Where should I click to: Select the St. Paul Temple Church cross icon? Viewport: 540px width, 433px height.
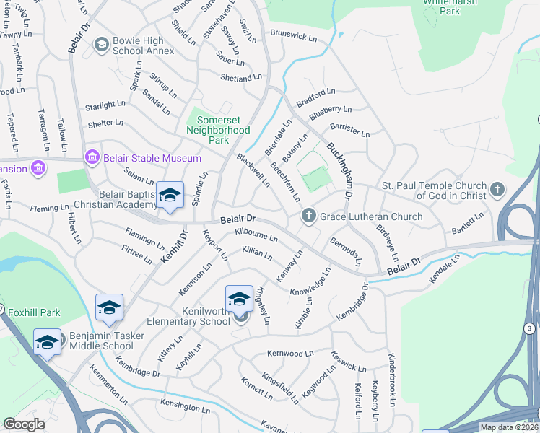(496, 190)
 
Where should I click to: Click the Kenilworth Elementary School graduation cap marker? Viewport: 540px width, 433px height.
(239, 299)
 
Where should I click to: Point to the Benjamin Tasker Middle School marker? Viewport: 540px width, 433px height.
(47, 341)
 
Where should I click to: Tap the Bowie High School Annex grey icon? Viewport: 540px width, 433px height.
(101, 45)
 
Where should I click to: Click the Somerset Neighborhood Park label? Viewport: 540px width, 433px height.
(218, 124)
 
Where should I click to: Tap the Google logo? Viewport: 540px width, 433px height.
(25, 424)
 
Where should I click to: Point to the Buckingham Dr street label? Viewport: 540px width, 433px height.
(339, 171)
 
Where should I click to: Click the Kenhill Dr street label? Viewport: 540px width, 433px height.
(173, 246)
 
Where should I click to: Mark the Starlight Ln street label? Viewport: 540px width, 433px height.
(105, 105)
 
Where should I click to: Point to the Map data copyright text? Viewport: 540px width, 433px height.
(508, 427)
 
